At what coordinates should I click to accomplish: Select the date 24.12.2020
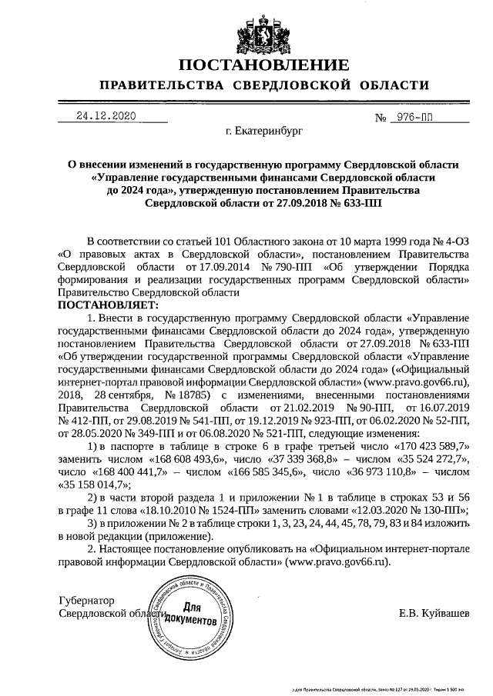106,116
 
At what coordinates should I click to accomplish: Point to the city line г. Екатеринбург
264,132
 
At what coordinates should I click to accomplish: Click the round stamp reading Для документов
189,613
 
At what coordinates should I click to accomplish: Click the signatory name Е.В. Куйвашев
434,613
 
